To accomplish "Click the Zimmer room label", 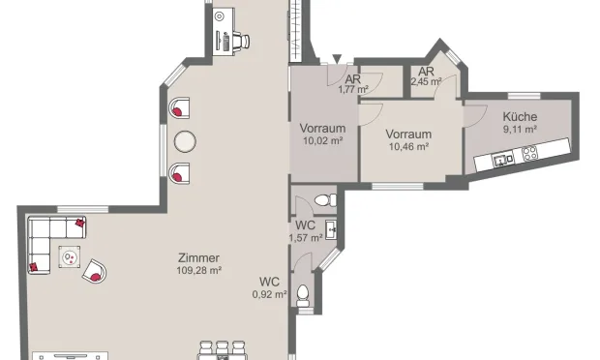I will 199,257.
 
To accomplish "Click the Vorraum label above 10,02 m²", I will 323,129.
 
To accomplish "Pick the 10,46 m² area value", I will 408,146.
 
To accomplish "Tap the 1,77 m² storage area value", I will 353,90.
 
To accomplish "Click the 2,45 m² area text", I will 426,82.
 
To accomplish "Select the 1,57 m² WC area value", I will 306,238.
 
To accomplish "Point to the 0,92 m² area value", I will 269,294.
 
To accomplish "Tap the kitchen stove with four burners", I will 529,153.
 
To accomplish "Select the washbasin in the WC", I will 332,228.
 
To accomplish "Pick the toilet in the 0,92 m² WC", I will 304,292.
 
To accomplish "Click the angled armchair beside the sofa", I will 96,272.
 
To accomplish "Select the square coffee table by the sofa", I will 71,257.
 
